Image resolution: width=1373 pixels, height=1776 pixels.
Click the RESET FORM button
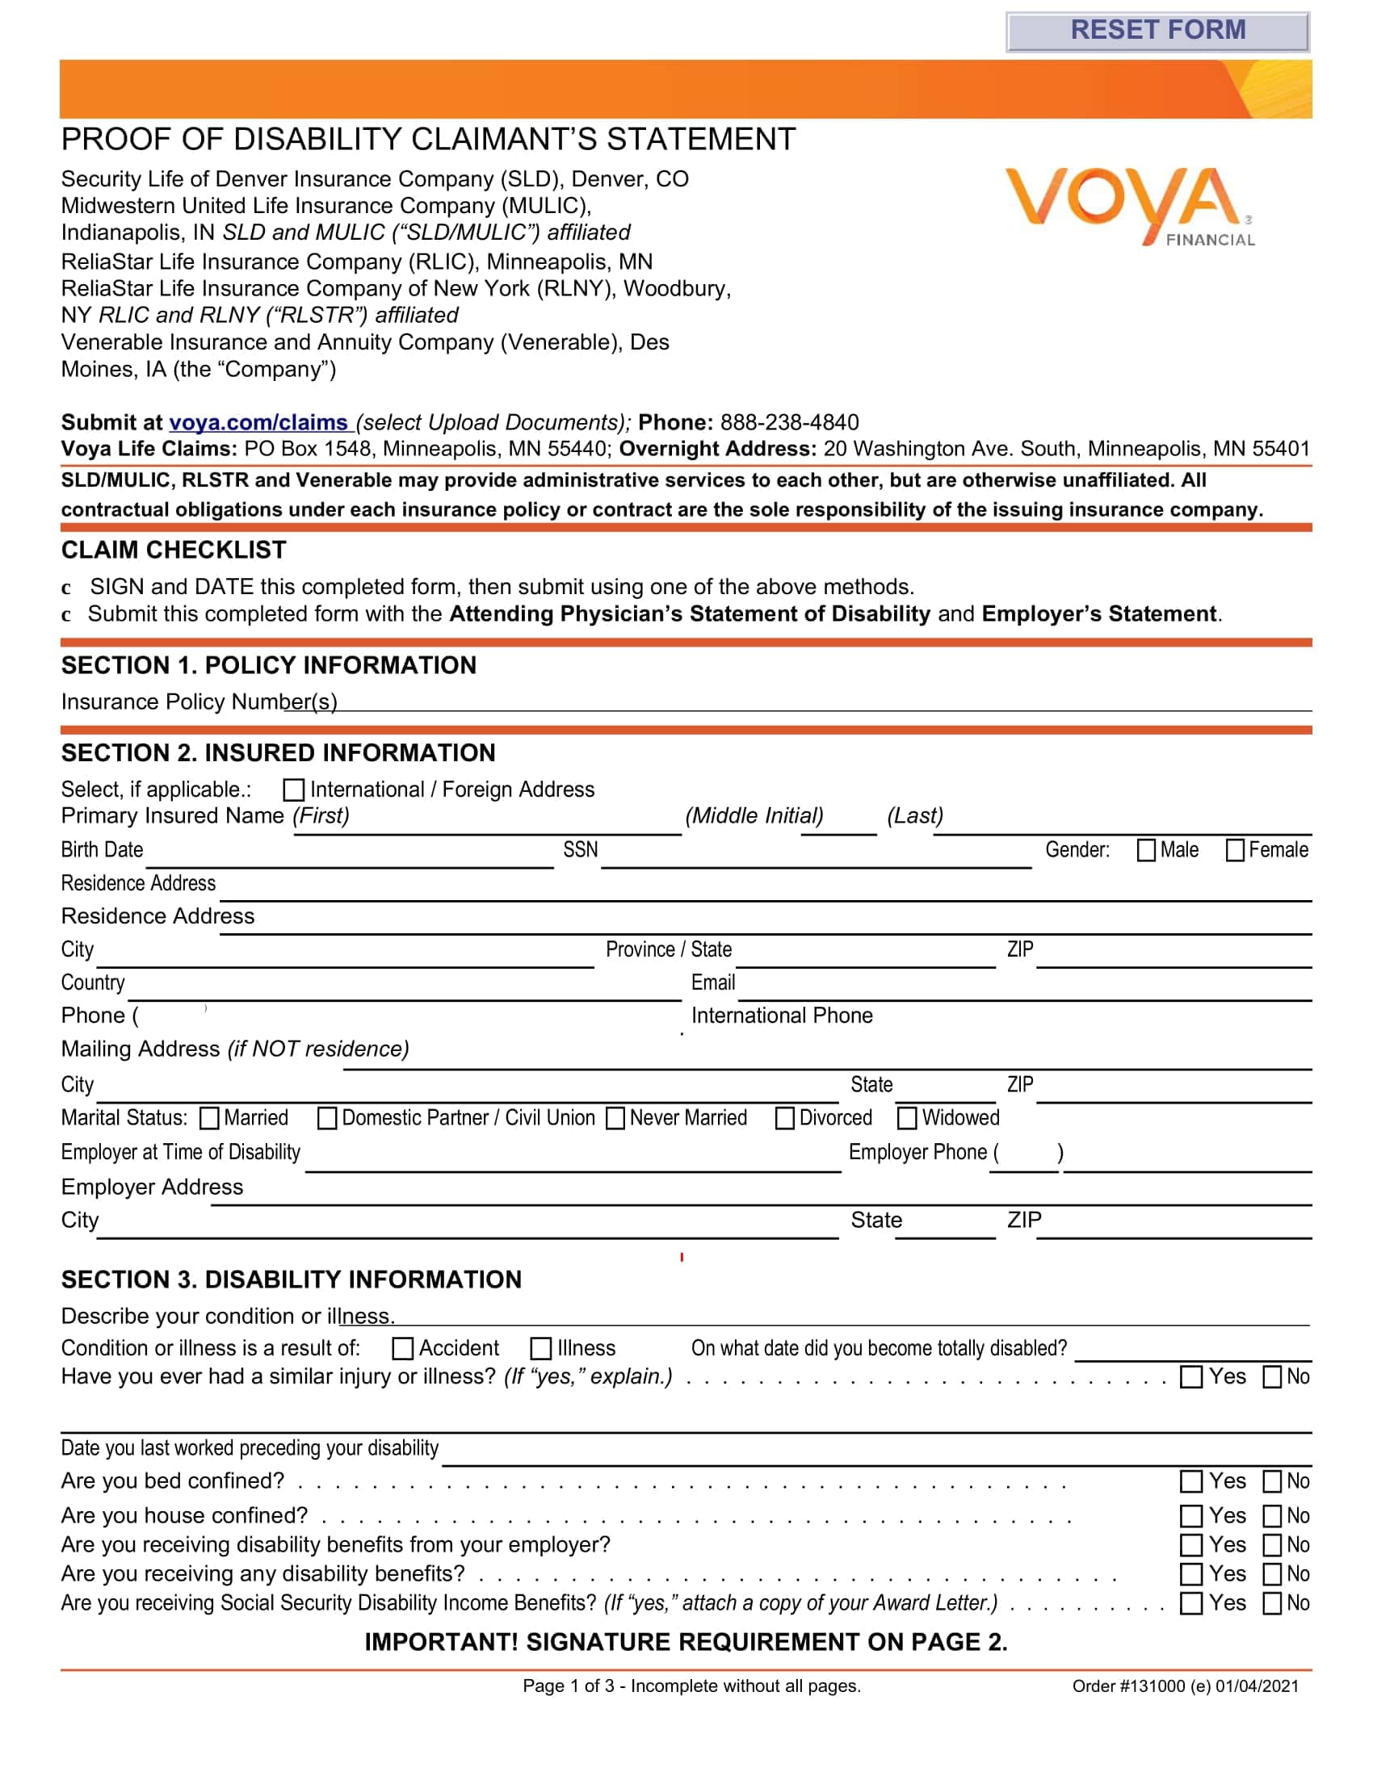(1157, 31)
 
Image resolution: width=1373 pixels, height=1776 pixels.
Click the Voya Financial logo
(1129, 206)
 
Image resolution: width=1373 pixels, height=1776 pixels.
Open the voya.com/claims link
(258, 422)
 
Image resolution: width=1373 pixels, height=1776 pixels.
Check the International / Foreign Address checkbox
(294, 790)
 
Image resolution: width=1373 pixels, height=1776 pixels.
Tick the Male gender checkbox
(1146, 850)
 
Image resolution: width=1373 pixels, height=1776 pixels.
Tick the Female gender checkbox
(1235, 850)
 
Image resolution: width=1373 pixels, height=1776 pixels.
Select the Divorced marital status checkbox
(785, 1118)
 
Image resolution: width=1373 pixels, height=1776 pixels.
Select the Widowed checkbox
(907, 1118)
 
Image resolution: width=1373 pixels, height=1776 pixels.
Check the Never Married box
(615, 1118)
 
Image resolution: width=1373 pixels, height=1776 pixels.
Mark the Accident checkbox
(403, 1349)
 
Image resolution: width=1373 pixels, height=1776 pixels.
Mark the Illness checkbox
(541, 1349)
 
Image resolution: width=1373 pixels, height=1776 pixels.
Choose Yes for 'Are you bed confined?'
(1190, 1481)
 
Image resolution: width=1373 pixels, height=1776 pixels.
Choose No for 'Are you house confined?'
(1272, 1517)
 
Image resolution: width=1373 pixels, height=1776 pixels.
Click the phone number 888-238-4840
(789, 422)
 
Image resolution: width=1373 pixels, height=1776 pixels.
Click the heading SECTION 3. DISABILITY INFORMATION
(292, 1280)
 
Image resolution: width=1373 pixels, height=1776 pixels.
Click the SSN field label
(580, 850)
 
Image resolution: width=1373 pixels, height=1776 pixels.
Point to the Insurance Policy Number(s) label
(199, 702)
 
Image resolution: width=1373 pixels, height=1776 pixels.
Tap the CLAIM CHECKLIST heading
(174, 551)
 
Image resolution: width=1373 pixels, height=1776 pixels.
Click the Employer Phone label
(917, 1152)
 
